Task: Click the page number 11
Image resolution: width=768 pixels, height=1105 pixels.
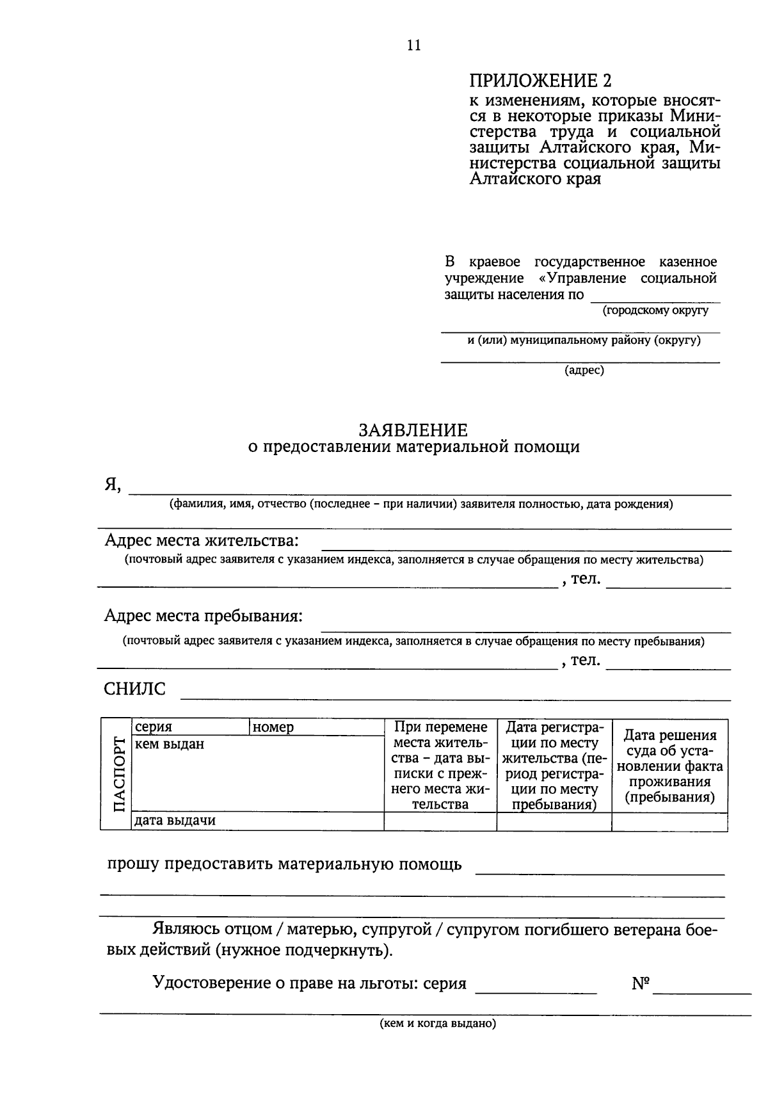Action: click(x=413, y=45)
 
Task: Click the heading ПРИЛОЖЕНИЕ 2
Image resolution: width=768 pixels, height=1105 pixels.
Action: click(x=540, y=81)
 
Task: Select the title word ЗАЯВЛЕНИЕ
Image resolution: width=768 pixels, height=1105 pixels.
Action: click(x=413, y=430)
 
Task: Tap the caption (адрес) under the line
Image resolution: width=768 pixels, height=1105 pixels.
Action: click(x=584, y=370)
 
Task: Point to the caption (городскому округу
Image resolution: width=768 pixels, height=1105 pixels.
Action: click(x=655, y=311)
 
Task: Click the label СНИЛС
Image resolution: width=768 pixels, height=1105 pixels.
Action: click(x=134, y=690)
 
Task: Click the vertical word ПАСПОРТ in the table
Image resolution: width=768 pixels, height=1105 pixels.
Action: click(x=117, y=775)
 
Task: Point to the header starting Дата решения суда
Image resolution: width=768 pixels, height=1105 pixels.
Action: click(x=669, y=766)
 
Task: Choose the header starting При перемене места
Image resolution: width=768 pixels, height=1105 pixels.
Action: click(x=440, y=766)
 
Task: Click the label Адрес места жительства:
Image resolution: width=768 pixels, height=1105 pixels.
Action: click(x=202, y=540)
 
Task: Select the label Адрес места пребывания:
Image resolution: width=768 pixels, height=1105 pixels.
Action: click(x=204, y=617)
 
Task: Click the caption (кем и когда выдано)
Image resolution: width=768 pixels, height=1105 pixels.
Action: click(x=438, y=1023)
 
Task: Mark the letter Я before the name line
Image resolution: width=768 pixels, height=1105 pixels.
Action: click(x=112, y=485)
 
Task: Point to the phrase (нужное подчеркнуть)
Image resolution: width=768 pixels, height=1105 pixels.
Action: click(x=303, y=950)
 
